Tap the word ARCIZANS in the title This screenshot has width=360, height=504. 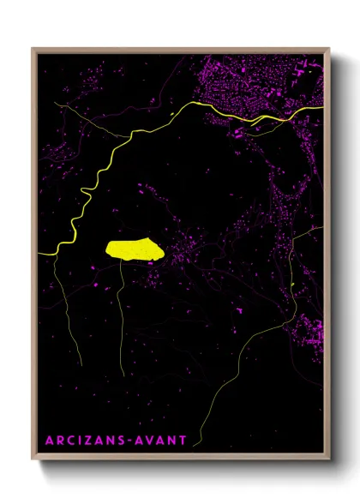coord(84,441)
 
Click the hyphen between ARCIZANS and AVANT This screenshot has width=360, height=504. coord(129,441)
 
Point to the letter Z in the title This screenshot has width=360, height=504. coord(88,441)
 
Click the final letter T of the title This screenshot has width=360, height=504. coord(183,441)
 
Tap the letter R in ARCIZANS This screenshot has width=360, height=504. coord(58,441)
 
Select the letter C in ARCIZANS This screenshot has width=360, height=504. coord(70,441)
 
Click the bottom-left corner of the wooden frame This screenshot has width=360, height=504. coord(33,459)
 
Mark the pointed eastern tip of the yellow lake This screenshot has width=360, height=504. coord(160,254)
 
